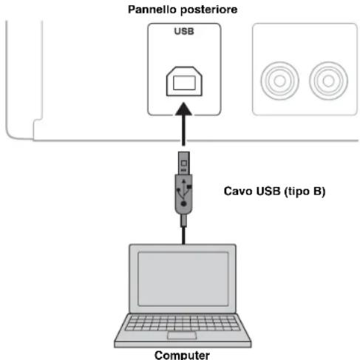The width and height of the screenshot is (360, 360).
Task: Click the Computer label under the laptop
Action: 182,353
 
